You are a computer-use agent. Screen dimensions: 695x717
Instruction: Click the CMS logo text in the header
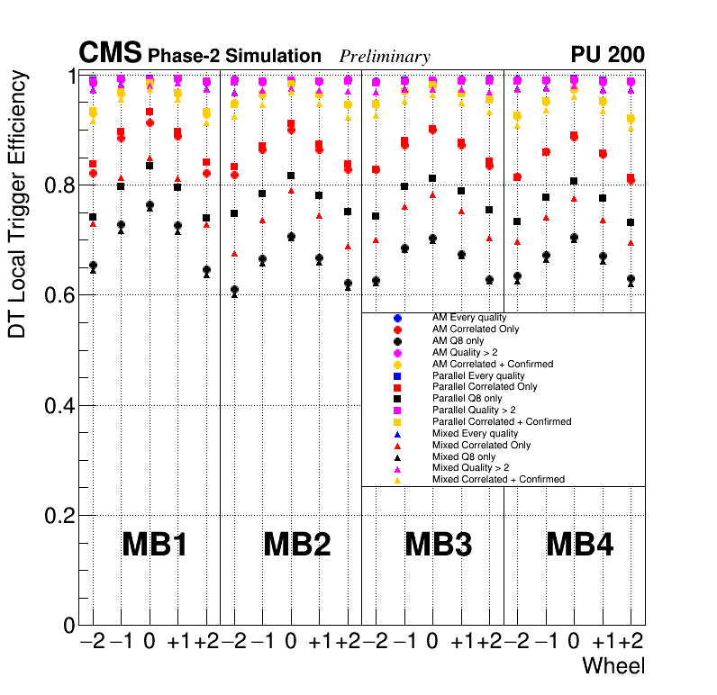pos(110,54)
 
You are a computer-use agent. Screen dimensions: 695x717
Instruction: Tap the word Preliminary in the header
pos(385,57)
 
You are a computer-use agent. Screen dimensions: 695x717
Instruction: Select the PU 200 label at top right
pos(607,55)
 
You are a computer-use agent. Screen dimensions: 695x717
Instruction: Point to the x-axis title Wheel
pos(613,666)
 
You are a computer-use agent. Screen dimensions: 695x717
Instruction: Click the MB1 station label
pos(154,545)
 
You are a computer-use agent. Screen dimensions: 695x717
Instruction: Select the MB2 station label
pos(296,545)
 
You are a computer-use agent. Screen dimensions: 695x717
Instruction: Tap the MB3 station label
pos(438,545)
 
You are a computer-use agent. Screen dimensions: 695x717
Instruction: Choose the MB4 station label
pos(580,545)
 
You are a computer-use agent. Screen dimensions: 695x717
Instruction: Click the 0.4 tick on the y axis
pos(59,406)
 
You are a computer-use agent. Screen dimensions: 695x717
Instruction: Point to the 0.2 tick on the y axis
pos(59,516)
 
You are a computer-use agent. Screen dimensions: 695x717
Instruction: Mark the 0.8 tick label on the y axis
pos(59,185)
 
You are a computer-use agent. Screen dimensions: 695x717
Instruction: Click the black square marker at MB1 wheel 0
pos(150,166)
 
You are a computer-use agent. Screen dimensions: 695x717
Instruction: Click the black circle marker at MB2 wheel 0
pos(291,237)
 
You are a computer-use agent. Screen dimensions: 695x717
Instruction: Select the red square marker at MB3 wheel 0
pos(432,130)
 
